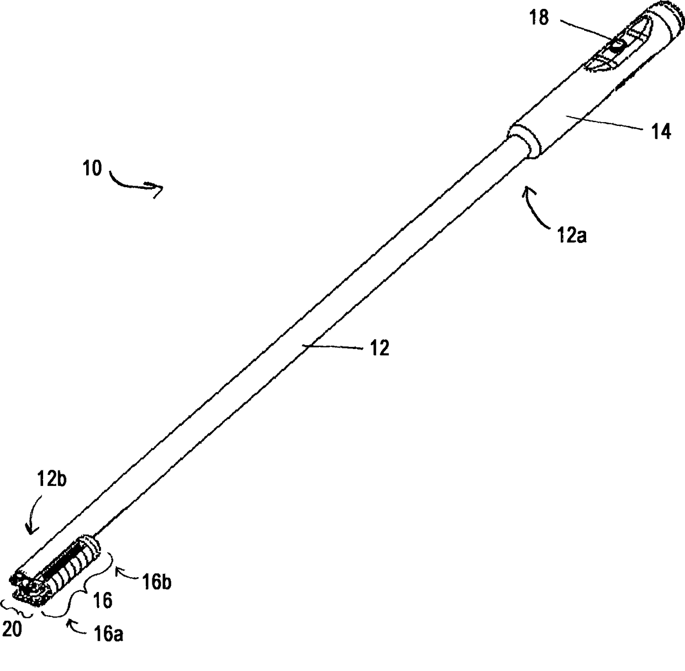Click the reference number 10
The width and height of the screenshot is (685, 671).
(93, 168)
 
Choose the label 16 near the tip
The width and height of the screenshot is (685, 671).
(103, 600)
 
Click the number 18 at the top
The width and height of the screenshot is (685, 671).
(539, 18)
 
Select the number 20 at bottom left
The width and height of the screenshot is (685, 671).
(12, 629)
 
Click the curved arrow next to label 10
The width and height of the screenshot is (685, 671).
(137, 185)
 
